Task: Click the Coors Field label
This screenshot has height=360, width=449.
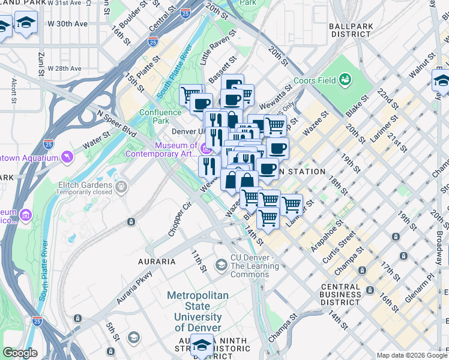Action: pyautogui.click(x=315, y=81)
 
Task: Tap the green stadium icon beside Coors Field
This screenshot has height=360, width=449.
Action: pyautogui.click(x=345, y=79)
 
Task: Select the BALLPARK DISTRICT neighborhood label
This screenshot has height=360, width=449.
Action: pyautogui.click(x=350, y=30)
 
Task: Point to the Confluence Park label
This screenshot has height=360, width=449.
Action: pyautogui.click(x=160, y=116)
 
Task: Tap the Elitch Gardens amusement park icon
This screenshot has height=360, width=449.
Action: pyautogui.click(x=122, y=187)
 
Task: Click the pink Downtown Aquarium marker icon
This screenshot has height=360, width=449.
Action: pyautogui.click(x=68, y=157)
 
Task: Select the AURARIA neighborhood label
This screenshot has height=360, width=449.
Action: pyautogui.click(x=157, y=262)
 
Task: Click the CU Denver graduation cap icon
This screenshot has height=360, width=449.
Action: pyautogui.click(x=221, y=265)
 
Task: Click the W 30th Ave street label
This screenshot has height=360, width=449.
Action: pyautogui.click(x=68, y=24)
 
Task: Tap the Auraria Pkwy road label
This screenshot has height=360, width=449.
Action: pyautogui.click(x=133, y=287)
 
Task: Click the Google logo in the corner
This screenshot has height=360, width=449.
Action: pyautogui.click(x=20, y=353)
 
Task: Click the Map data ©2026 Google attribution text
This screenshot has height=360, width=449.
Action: pyautogui.click(x=412, y=355)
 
